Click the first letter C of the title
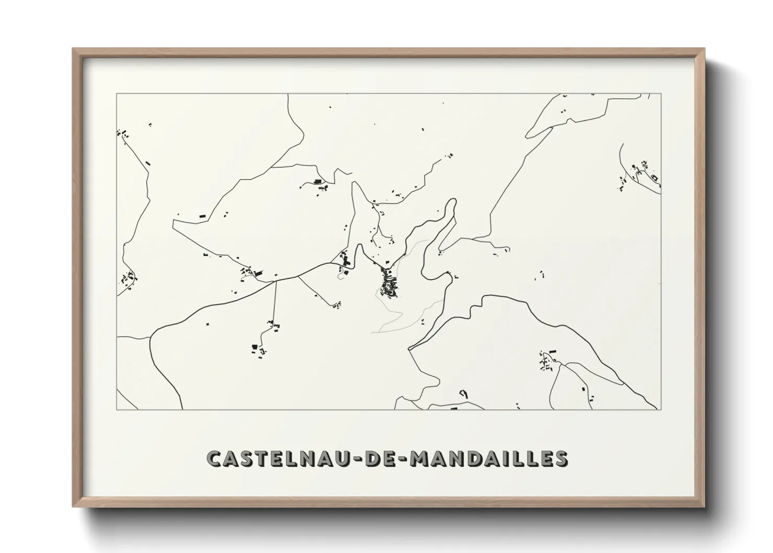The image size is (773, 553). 215,458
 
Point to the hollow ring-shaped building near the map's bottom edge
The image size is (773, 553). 462,393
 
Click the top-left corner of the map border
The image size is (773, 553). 116,94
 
